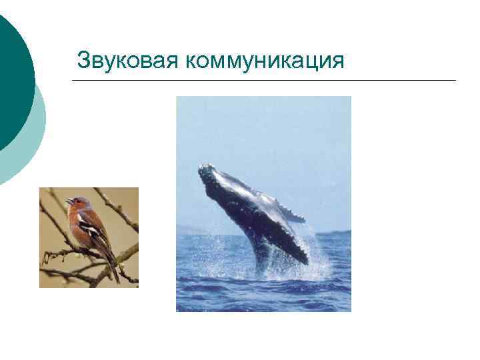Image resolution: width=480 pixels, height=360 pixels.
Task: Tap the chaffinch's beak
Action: click(68, 201)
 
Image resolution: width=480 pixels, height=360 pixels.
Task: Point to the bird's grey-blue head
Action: click(77, 201)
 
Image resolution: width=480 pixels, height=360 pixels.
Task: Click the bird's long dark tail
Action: click(113, 270)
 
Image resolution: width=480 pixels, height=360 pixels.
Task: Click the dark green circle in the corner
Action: click(10, 73)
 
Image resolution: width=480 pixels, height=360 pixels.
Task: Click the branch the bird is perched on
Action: click(63, 253)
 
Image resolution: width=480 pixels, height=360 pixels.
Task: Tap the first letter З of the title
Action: click(83, 60)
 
